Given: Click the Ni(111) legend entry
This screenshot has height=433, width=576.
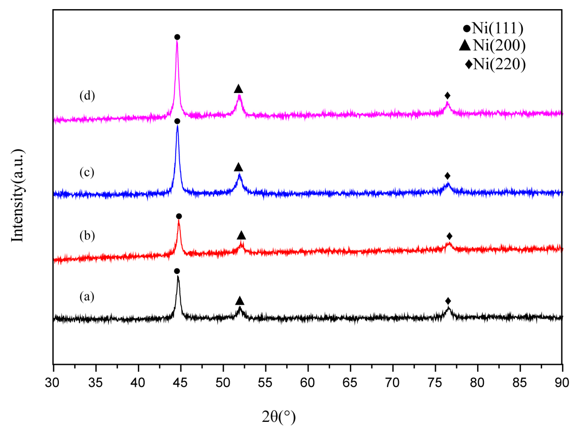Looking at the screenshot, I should [493, 28].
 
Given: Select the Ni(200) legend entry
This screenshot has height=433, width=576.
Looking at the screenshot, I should [492, 45].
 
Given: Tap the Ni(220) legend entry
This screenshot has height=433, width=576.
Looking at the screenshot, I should [495, 64].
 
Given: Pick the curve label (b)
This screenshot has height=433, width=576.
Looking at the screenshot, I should [87, 236].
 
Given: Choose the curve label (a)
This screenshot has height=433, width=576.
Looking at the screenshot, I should [87, 296].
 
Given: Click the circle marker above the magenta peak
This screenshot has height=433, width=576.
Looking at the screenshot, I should [177, 37].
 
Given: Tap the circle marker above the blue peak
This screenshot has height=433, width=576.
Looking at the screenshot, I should [177, 121].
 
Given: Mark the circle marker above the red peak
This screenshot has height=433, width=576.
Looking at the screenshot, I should [179, 216].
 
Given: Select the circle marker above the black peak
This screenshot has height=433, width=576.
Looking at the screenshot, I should [177, 271].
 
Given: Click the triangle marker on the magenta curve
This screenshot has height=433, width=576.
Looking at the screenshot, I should [238, 89].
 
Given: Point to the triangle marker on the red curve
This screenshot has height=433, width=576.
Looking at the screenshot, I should [241, 235].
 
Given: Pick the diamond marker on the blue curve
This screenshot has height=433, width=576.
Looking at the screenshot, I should [447, 176].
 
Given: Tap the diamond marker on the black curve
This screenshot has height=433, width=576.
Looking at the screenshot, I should [448, 301].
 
